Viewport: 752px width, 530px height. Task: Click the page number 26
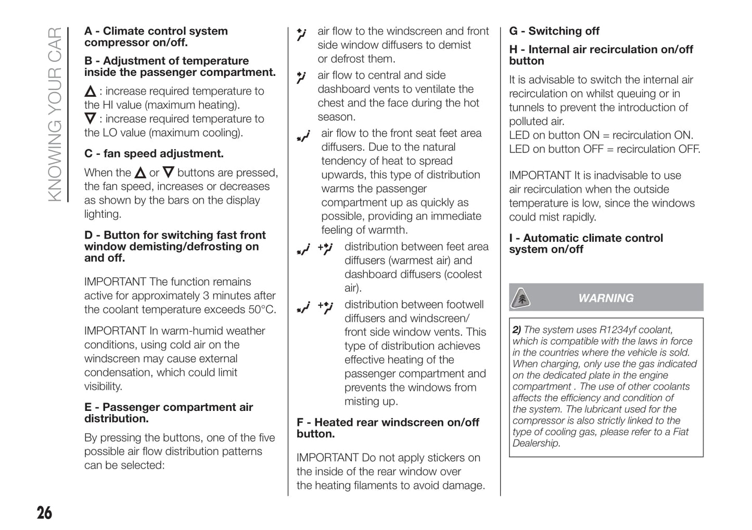pos(44,513)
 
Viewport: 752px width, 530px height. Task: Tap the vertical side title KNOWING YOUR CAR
pos(55,114)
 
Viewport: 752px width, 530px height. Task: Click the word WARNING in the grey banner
pos(606,298)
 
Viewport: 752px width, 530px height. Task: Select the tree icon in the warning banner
pos(520,298)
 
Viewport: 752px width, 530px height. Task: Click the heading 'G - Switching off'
pos(554,31)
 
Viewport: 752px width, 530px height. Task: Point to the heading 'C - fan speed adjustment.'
pos(154,153)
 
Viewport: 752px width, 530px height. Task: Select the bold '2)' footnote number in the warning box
pos(517,330)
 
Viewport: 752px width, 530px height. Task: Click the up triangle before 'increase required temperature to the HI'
pos(90,92)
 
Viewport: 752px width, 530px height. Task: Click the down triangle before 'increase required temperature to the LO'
pos(90,119)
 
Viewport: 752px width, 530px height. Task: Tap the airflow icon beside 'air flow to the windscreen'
pos(302,34)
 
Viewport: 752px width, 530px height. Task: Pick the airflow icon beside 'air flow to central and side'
pos(301,77)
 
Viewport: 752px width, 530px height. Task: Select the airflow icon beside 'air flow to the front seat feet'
pos(303,136)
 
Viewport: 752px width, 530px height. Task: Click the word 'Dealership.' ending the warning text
pos(536,443)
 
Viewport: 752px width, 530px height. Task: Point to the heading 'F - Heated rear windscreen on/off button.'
pos(388,428)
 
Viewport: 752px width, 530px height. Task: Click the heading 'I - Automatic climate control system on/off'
pos(585,243)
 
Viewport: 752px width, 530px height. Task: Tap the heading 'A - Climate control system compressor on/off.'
pos(156,36)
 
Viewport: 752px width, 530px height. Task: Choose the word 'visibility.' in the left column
pos(104,386)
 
